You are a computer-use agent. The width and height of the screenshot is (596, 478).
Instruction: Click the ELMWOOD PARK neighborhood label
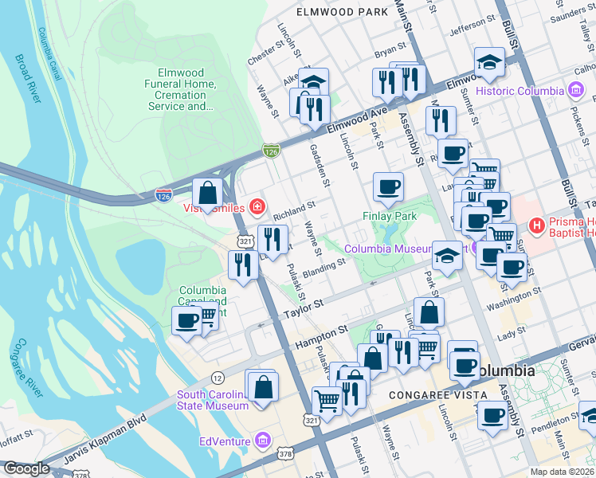point(342,12)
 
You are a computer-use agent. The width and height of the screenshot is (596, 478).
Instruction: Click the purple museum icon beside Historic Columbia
point(574,91)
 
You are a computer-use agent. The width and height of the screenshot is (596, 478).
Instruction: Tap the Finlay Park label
point(390,216)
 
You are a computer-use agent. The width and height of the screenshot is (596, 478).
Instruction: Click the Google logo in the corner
point(26,468)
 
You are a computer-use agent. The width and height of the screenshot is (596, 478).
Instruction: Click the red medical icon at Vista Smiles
point(257,209)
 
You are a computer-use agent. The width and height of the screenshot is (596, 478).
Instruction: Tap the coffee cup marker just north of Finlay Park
point(388,186)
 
